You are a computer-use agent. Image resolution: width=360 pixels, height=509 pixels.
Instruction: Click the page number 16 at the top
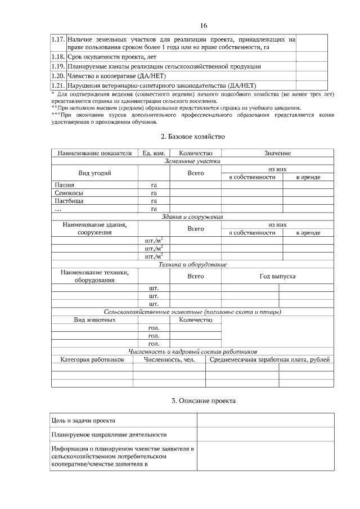(204, 26)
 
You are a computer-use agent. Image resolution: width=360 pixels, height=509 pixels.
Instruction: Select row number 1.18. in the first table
(58, 57)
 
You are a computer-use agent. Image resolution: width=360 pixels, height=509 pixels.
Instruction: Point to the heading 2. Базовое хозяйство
(192, 137)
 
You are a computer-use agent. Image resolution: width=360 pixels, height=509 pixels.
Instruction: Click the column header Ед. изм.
(154, 153)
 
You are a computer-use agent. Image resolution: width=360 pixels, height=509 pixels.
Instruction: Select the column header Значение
(277, 153)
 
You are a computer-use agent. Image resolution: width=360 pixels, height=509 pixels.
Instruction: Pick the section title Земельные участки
(192, 161)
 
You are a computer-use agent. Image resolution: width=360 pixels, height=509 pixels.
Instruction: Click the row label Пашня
(64, 184)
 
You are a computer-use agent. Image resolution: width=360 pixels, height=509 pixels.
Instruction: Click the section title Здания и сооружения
(192, 217)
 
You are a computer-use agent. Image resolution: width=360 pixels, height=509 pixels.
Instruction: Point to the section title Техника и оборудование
(192, 264)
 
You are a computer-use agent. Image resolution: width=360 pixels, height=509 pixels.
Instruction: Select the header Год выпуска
(277, 276)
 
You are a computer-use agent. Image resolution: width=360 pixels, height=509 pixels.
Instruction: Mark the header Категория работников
(92, 360)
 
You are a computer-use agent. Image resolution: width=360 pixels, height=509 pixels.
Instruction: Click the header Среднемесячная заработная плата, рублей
(269, 360)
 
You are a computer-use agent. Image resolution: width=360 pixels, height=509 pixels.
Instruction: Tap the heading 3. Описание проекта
(204, 401)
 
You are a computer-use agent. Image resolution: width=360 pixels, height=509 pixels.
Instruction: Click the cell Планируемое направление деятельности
(109, 435)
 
